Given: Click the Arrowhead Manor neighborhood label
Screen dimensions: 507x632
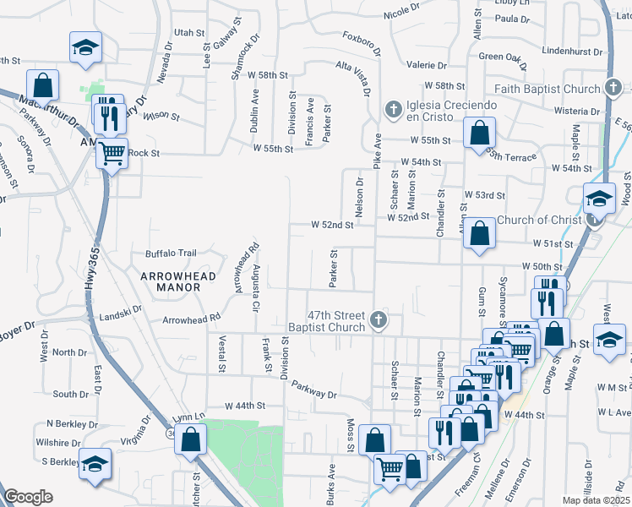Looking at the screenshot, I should [171, 281].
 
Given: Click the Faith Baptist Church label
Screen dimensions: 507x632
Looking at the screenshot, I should [548, 89].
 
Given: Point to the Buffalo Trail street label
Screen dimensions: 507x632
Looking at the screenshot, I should [171, 253].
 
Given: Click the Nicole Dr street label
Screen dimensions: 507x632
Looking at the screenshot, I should [401, 13].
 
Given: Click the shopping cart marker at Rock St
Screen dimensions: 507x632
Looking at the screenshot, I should [112, 155].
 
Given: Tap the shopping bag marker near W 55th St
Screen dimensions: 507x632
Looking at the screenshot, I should [479, 134].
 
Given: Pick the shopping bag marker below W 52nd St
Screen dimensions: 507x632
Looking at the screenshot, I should [479, 235].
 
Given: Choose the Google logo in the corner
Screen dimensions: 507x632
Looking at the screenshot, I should [28, 497].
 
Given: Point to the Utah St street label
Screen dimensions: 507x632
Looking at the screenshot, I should [183, 32].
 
